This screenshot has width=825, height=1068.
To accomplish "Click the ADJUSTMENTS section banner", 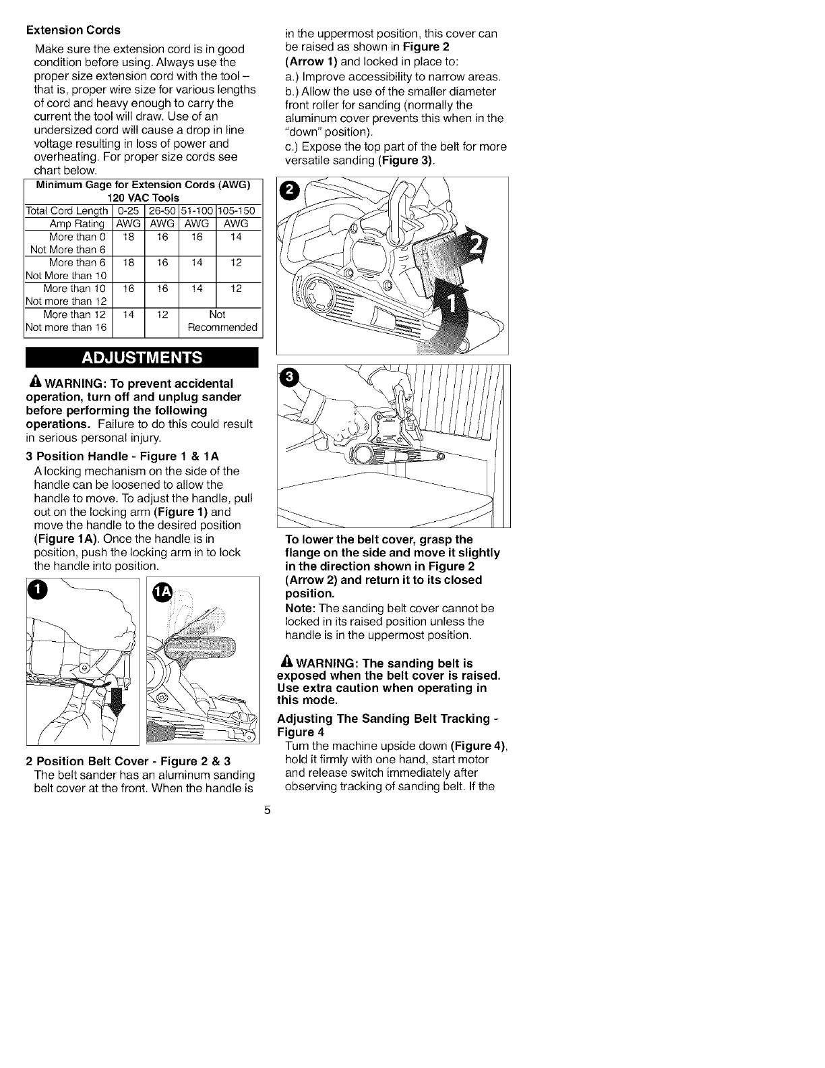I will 142,357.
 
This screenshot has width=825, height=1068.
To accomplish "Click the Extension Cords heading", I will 73,30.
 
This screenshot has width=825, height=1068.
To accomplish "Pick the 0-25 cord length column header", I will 128,211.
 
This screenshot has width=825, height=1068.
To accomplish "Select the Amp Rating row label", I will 77,224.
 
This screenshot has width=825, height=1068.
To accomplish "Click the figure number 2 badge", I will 288,191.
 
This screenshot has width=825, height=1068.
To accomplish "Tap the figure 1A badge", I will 163,592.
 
